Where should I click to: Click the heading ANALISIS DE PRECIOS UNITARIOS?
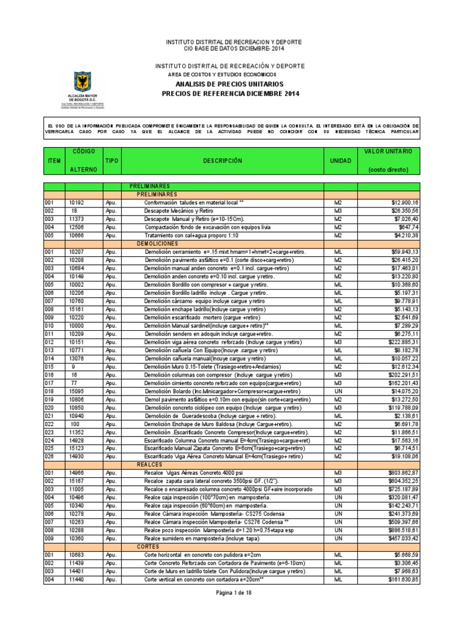tap(229, 84)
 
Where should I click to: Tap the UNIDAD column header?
tap(340, 161)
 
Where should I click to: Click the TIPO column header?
tap(112, 161)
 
